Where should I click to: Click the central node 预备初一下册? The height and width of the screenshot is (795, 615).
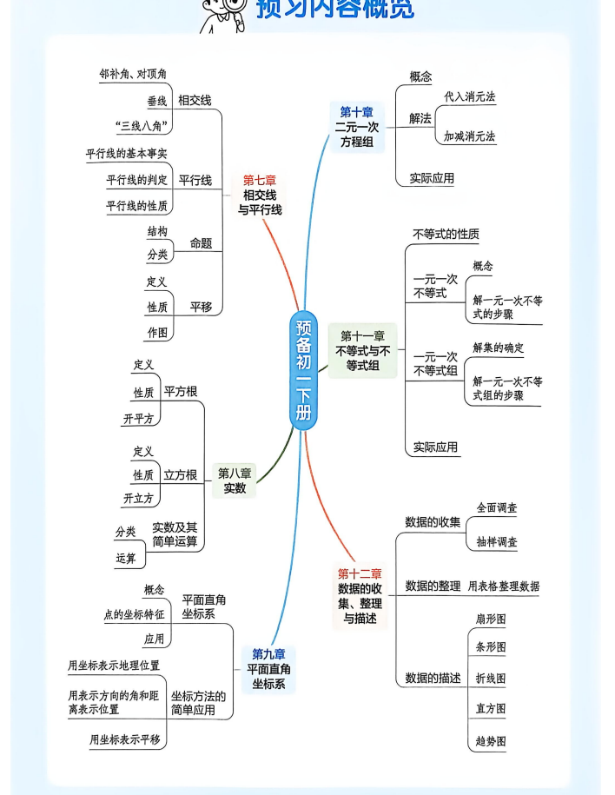[x=303, y=371]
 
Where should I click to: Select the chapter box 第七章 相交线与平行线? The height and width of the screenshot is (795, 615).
[x=260, y=195]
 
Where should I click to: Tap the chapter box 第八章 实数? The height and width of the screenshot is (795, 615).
[x=235, y=480]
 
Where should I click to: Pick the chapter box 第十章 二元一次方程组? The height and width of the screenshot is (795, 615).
[x=356, y=127]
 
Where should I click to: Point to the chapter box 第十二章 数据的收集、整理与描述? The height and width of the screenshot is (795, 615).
[x=360, y=596]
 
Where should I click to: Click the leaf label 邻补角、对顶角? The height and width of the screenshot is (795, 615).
[x=133, y=75]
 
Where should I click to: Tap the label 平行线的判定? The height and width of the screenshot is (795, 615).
[x=136, y=180]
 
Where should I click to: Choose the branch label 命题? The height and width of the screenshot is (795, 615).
[x=201, y=243]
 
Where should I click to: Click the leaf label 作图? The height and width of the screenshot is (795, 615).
[x=156, y=332]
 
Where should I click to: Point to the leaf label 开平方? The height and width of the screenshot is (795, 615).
[x=138, y=418]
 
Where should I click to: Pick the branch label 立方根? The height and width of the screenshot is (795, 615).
[x=180, y=475]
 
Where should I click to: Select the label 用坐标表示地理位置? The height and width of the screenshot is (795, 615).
[x=114, y=666]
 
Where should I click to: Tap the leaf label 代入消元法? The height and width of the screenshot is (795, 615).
[x=469, y=96]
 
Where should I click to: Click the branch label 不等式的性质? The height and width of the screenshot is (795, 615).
[x=446, y=234]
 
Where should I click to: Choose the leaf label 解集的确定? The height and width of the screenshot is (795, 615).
[x=498, y=348]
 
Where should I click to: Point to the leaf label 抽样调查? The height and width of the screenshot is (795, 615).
[x=496, y=542]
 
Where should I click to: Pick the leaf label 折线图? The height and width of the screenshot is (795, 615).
[x=490, y=678]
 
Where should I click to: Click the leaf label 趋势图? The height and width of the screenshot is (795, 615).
[x=490, y=741]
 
